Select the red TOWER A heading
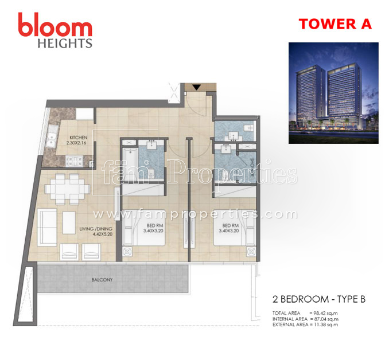pos(335,24)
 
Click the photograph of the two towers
pos(333,92)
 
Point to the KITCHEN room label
pos(78,138)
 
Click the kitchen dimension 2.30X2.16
pos(78,143)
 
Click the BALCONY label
pos(102,280)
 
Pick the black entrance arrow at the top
pos(196,87)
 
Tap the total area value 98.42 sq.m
pos(322,313)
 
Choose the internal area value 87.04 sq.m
pos(322,319)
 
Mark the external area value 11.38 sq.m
pos(322,324)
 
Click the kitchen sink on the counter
pos(52,138)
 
